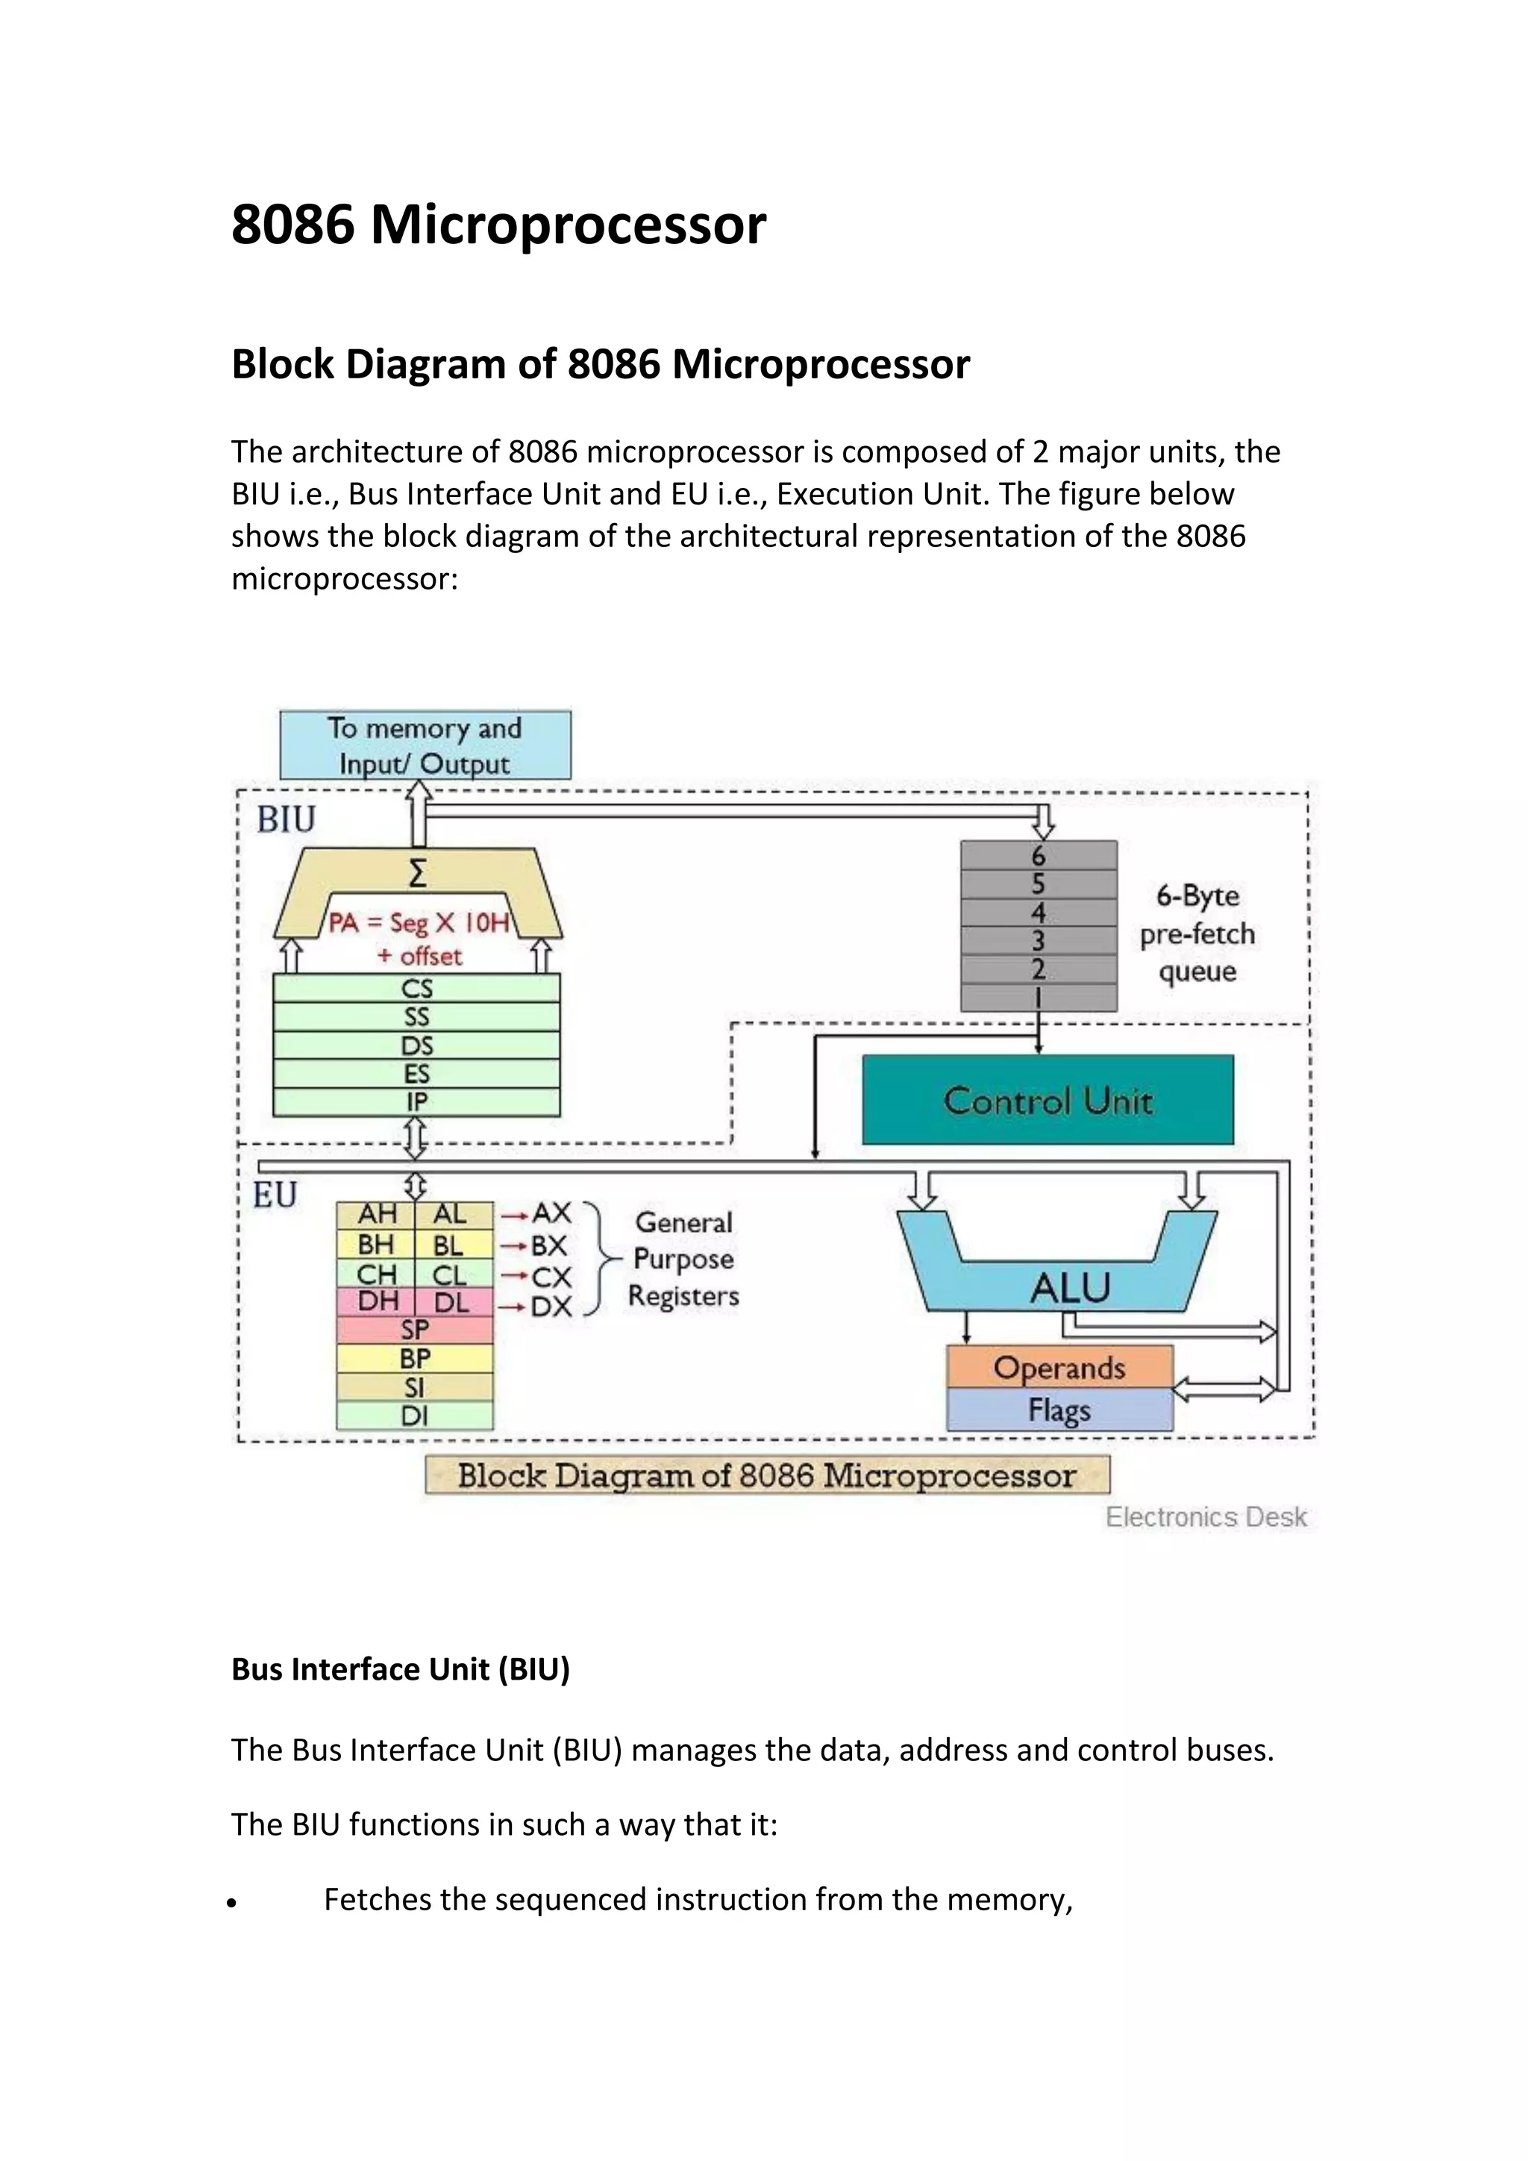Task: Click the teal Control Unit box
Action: point(1048,1099)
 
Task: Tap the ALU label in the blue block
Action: point(1070,1287)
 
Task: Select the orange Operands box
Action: point(1059,1366)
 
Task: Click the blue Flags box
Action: point(1059,1410)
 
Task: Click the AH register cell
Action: point(375,1214)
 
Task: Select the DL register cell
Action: point(453,1303)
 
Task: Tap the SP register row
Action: point(414,1330)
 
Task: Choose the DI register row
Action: point(414,1416)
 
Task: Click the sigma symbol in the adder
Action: point(418,875)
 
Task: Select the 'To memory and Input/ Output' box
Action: point(425,745)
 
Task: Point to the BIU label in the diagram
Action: point(286,820)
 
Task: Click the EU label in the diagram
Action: point(275,1195)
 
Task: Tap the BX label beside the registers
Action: point(548,1245)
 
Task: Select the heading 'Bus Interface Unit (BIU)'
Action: point(401,1669)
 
